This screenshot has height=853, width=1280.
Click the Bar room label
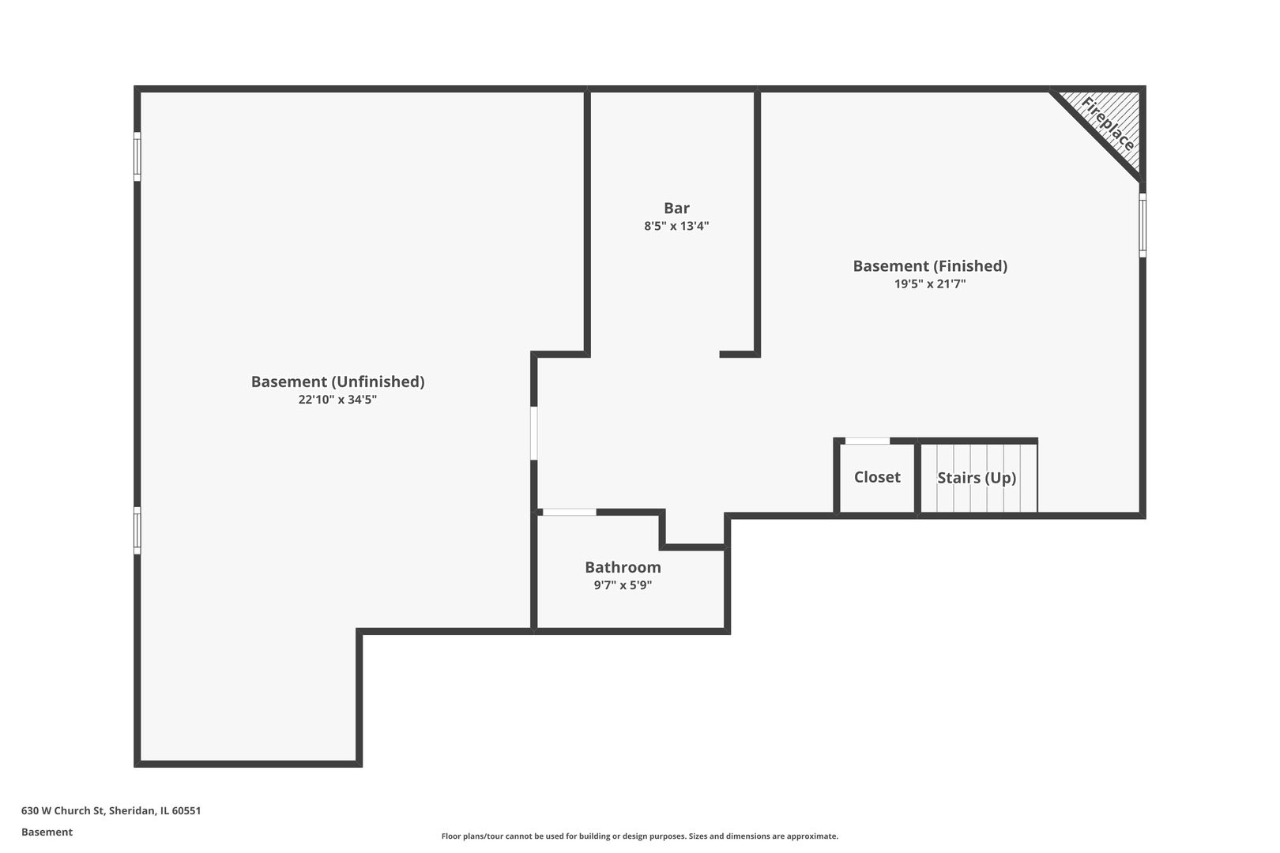pos(676,208)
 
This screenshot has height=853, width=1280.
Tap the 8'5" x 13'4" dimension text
pos(676,226)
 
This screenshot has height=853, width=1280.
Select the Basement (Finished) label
pos(930,266)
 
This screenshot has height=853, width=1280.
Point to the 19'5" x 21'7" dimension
pos(930,284)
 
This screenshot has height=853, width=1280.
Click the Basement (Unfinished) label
pos(337,381)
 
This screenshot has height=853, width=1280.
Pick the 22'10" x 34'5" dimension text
pos(337,400)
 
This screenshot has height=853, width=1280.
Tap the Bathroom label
pos(623,567)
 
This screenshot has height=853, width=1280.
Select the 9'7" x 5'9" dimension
pos(623,585)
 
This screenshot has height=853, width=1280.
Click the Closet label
pos(877,477)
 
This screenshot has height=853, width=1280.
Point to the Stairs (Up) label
pos(977,478)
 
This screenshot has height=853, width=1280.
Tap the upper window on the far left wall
pos(137,156)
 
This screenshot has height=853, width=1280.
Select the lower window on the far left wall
pos(137,530)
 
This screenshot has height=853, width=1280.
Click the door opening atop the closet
pos(867,441)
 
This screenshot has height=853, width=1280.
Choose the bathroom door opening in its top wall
pos(569,513)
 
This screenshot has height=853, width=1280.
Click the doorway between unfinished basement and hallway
pos(534,433)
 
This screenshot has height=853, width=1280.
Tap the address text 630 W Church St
pos(111,810)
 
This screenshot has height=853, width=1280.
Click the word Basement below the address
pos(47,832)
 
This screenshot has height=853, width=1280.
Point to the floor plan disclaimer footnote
pos(639,836)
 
